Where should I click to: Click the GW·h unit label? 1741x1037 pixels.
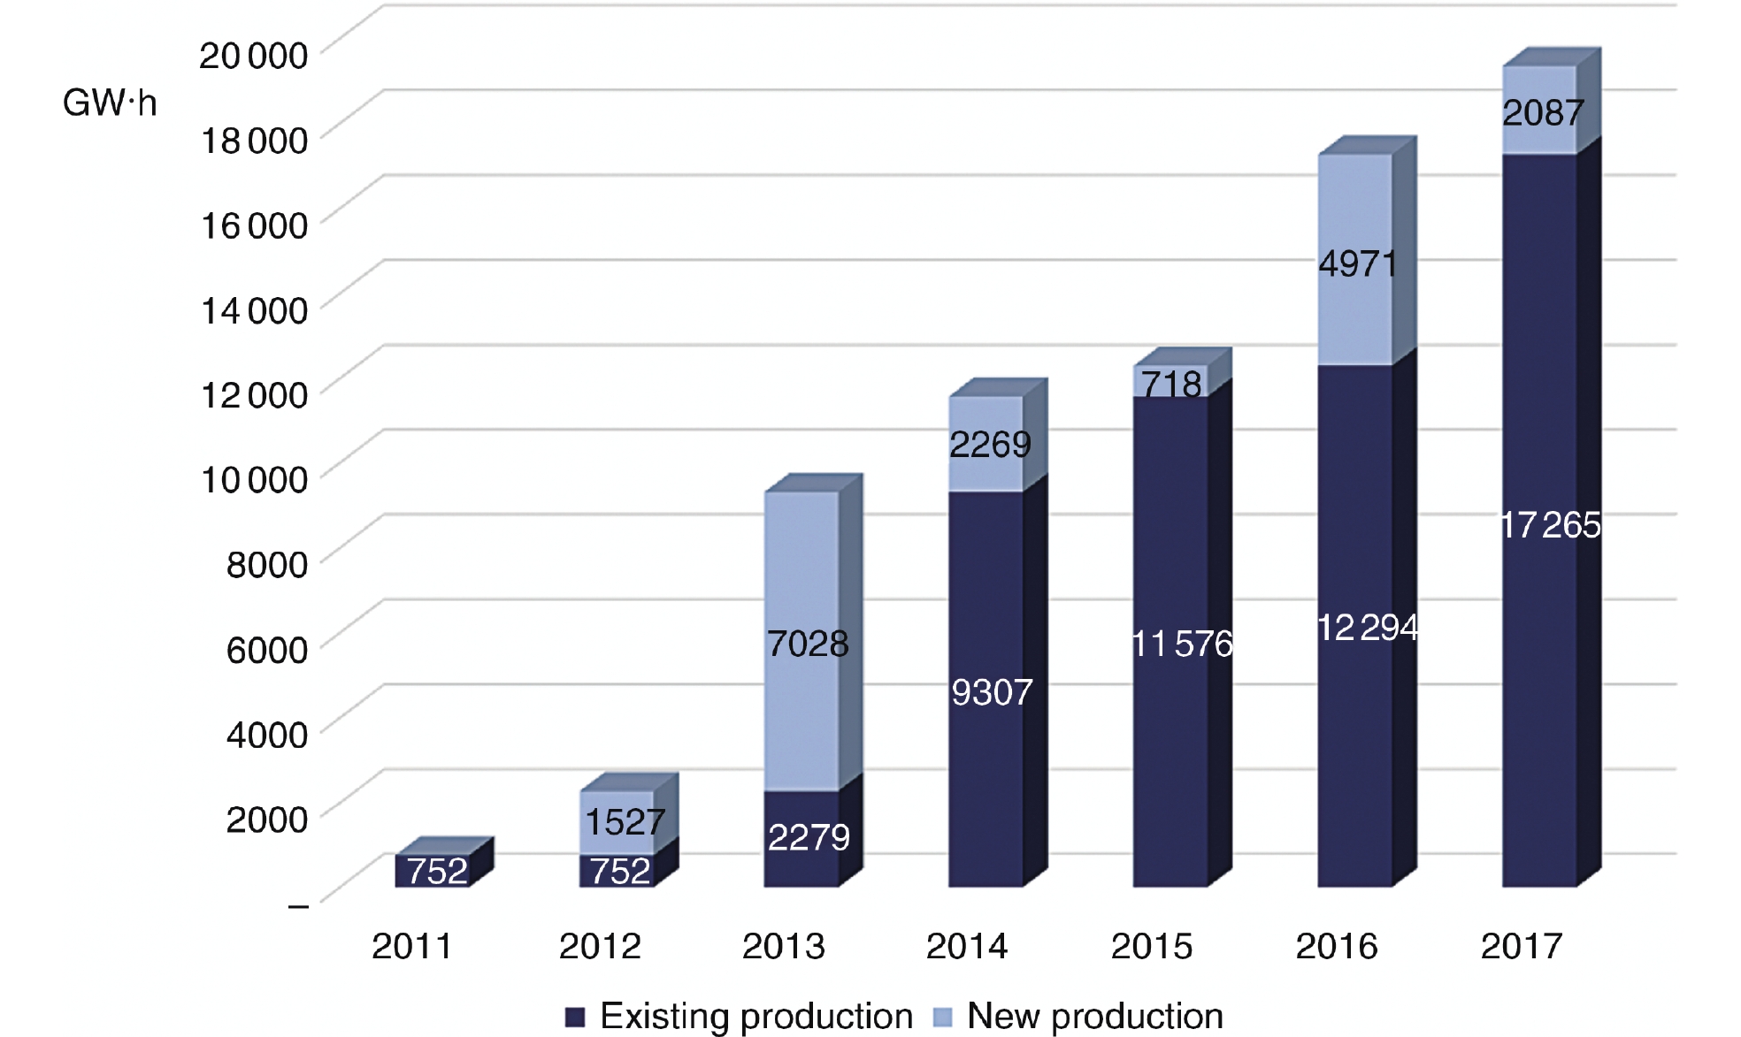coord(110,103)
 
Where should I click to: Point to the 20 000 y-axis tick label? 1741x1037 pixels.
coord(253,55)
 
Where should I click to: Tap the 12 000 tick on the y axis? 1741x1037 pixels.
coord(254,394)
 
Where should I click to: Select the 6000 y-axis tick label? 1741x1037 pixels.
coord(266,650)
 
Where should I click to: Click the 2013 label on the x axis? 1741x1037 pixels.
coord(783,947)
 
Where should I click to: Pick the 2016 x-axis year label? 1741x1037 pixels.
coord(1337,947)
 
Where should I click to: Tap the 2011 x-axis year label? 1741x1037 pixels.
coord(411,947)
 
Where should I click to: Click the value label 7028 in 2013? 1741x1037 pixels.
coord(808,644)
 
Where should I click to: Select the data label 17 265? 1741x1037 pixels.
coord(1551,525)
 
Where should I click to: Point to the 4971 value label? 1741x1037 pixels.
coord(1358,263)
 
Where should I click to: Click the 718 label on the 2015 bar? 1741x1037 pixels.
coord(1170,384)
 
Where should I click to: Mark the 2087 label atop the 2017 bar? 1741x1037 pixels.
coord(1543,113)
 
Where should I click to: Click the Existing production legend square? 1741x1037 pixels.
coord(575,1017)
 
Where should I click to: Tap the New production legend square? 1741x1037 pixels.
coord(943,1017)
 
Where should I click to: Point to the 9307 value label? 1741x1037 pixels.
coord(992,692)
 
